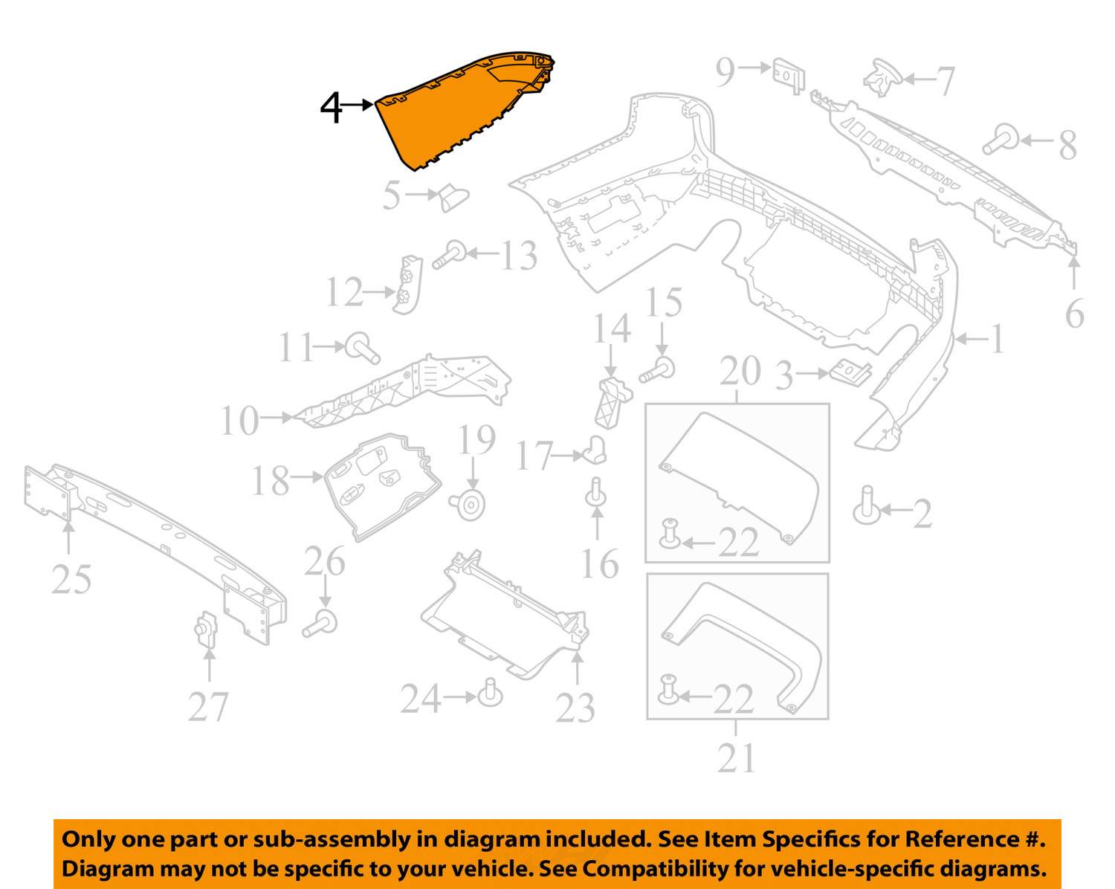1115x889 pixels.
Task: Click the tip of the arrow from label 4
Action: click(373, 105)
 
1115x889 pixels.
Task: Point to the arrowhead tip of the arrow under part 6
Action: click(1074, 256)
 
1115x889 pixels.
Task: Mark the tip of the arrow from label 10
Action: click(294, 417)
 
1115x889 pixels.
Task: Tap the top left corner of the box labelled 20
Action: click(645, 404)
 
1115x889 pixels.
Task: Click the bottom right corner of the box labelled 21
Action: click(828, 719)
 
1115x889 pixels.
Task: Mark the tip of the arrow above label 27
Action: click(210, 649)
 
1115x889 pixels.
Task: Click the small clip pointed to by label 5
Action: click(454, 198)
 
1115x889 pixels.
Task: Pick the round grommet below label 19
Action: click(468, 505)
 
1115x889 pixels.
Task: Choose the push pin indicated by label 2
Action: click(866, 505)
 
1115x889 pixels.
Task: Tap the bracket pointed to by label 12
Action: click(407, 285)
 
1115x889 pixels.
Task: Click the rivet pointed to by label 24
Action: click(490, 693)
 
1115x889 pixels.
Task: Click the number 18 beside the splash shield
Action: click(271, 481)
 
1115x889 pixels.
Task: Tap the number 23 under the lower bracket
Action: click(575, 708)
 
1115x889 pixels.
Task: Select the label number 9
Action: click(725, 73)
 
